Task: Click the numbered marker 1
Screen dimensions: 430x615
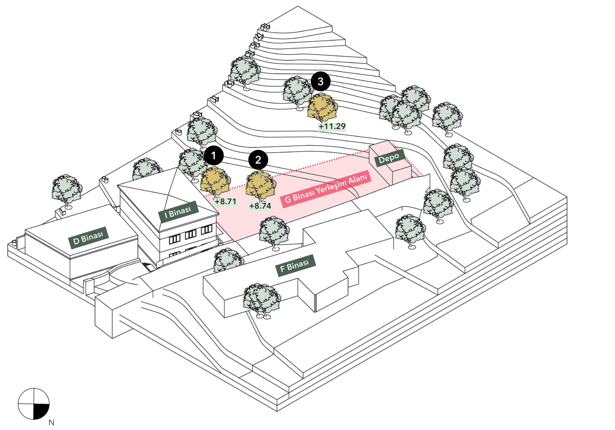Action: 214,155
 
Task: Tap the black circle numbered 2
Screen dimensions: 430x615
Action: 258,160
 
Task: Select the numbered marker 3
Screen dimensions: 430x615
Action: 320,81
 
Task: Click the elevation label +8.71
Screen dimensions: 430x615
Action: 226,201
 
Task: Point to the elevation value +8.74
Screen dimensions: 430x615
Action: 260,206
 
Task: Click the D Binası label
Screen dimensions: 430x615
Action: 88,238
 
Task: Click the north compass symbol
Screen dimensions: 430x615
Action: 34,404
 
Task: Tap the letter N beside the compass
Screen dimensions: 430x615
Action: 51,423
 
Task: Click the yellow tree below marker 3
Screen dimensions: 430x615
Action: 322,107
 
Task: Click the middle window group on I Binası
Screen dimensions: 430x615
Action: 191,235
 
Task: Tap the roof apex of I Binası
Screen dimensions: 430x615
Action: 177,168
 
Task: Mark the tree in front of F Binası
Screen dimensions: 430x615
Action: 261,299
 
